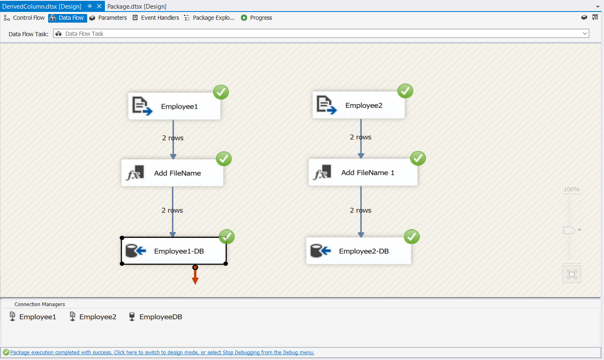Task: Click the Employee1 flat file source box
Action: [174, 106]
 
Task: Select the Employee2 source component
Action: [358, 105]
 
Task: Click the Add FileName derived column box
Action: [172, 173]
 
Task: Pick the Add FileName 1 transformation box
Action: [363, 173]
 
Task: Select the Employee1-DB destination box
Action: [174, 251]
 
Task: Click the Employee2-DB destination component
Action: [358, 251]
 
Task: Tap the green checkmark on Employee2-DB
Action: [411, 237]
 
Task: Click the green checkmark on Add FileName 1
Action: [418, 158]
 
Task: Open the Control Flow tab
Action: [24, 18]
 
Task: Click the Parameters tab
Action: [108, 18]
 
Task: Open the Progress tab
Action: [256, 18]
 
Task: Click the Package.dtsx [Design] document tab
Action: [137, 6]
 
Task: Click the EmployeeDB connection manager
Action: [156, 317]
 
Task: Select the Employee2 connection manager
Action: [93, 317]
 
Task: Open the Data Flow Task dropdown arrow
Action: [585, 34]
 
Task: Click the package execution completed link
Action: [162, 353]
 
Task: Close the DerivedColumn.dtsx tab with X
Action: [99, 6]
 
